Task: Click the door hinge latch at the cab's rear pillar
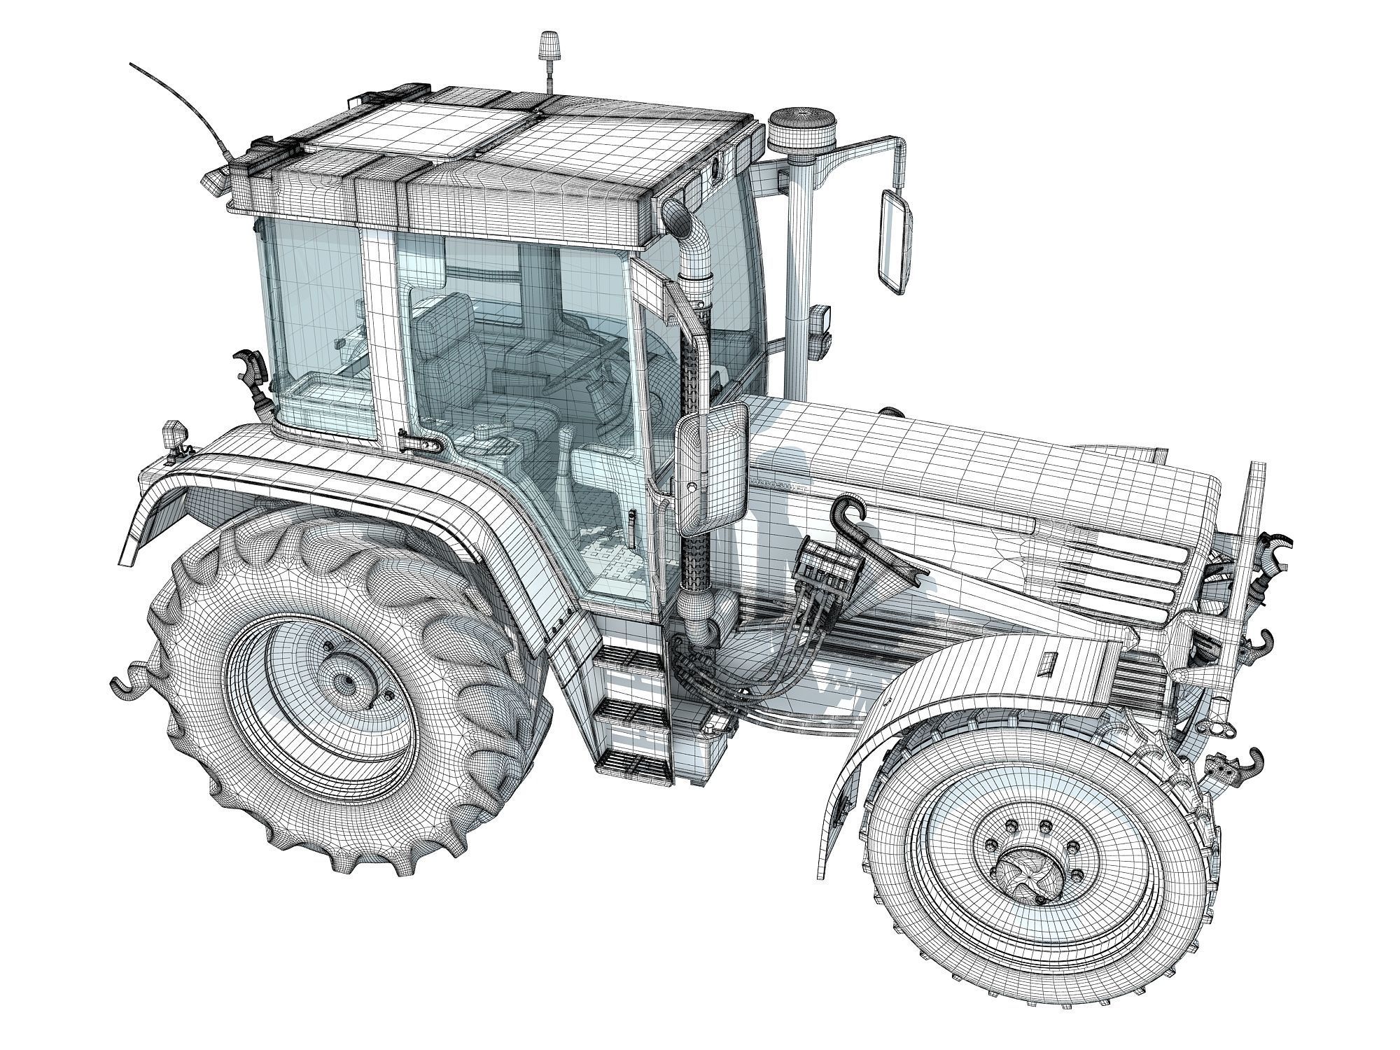tap(421, 442)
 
